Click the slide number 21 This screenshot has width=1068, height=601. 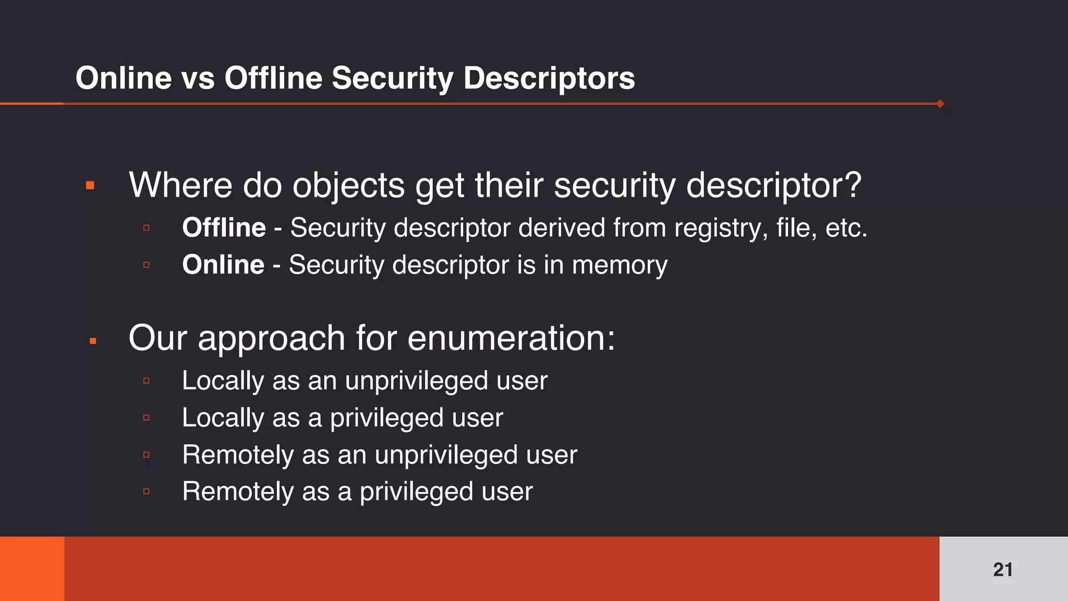pos(1002,569)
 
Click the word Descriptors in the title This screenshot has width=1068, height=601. pos(549,78)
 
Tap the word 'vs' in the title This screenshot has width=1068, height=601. pos(198,78)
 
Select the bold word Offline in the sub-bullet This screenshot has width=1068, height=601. pos(224,228)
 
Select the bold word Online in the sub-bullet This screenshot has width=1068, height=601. pos(223,265)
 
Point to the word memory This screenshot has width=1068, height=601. pos(620,265)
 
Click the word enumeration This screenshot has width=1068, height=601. pos(511,338)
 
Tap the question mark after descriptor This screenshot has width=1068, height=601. pos(853,185)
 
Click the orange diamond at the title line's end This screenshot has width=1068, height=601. pos(940,103)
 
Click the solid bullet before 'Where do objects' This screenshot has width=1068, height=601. pos(90,185)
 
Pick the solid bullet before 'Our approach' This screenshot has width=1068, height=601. pos(93,341)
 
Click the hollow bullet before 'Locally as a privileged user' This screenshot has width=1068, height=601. pos(147,417)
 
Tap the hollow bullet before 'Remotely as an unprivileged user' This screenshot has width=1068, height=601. pos(147,455)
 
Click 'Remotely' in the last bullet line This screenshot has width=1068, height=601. pos(238,491)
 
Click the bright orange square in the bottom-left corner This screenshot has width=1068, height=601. pos(32,569)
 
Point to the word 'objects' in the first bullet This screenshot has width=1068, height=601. pos(348,185)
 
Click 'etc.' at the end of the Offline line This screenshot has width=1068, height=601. pos(846,228)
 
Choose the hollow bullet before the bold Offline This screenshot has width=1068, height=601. pos(147,228)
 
